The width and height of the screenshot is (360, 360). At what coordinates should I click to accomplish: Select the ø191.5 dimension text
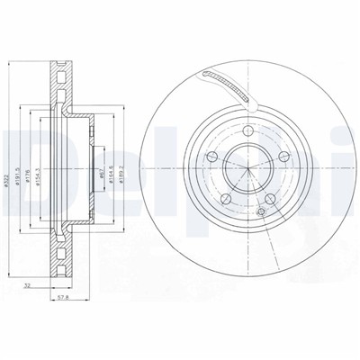[x=21, y=168]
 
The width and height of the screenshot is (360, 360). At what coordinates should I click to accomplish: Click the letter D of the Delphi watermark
[x=22, y=153]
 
